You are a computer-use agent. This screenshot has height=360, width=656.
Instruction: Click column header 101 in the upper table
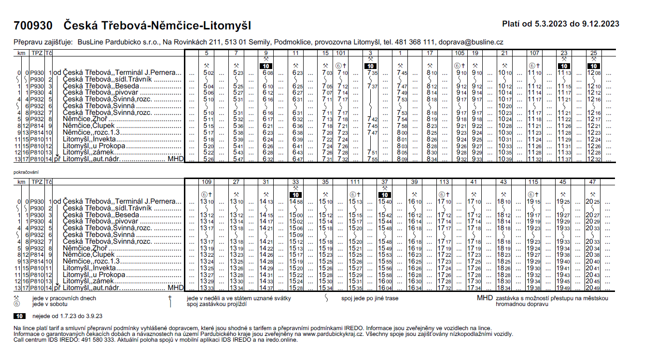tap(341, 53)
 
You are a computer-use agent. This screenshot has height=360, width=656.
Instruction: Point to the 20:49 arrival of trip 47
tap(591, 288)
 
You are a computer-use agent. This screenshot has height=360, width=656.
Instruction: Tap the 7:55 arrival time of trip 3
tap(371, 159)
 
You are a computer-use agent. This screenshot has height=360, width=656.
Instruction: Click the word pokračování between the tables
tap(26, 172)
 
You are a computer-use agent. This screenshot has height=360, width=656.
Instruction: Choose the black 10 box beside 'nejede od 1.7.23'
tap(19, 317)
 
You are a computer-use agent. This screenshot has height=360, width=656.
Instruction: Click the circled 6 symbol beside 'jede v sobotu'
tap(16, 305)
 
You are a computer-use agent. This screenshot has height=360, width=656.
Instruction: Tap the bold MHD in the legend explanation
tap(485, 298)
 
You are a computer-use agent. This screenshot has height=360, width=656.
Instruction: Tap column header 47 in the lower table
tap(591, 182)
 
